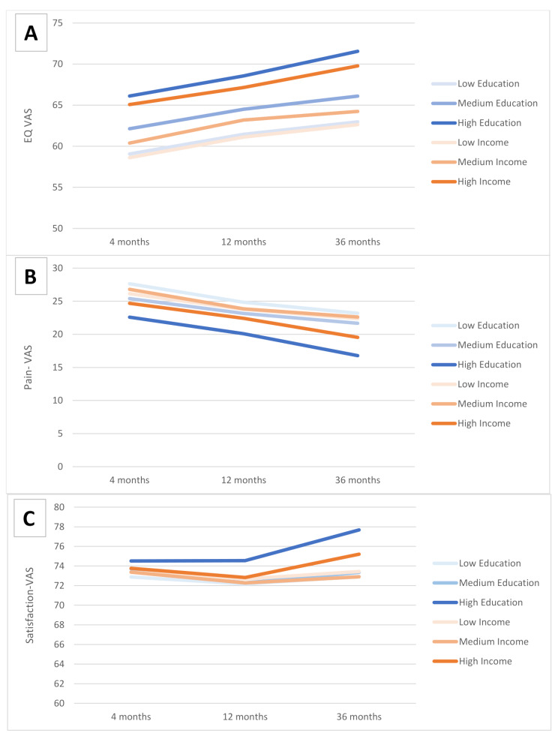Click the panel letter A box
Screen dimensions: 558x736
pos(31,33)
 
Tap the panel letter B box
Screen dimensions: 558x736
pos(31,276)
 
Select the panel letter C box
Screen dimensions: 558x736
pos(29,518)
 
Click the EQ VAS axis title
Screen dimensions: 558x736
pos(28,125)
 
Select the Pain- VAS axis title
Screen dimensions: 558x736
pos(28,368)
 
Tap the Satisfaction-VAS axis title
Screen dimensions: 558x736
pos(29,605)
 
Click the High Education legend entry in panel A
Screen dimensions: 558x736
pos(477,123)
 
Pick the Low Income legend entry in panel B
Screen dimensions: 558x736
pos(470,384)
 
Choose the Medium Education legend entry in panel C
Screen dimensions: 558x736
pos(486,583)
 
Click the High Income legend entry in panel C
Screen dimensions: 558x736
pos(472,662)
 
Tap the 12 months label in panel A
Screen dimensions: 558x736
pos(244,242)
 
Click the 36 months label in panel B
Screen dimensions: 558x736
pos(358,480)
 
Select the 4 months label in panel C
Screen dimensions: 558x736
pos(131,717)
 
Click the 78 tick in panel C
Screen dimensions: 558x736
pos(59,527)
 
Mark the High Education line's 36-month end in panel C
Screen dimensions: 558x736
pos(359,530)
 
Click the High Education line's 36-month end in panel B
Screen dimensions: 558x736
pos(358,356)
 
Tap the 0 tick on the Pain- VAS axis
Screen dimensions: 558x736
pos(60,467)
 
